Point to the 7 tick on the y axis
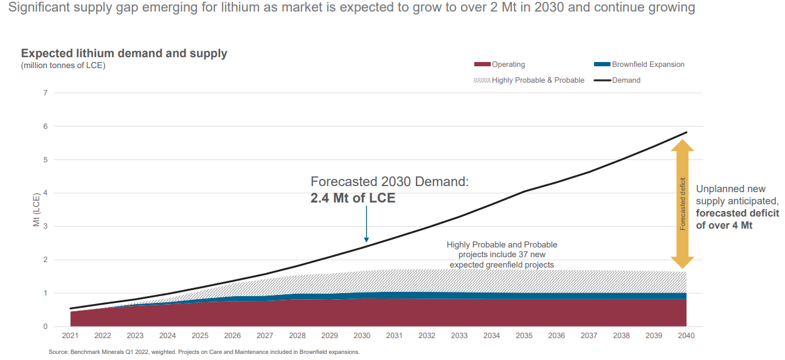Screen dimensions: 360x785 click(45, 93)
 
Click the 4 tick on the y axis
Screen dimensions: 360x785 click(45, 193)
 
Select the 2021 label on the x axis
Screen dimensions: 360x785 click(71, 336)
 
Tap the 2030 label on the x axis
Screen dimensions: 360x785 click(362, 336)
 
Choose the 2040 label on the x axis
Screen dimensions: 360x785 click(686, 336)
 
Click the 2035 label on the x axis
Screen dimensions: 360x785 click(524, 336)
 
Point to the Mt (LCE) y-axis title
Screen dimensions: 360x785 click(36, 210)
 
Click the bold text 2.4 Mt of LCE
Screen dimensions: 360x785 click(353, 198)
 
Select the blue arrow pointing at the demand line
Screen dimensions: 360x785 click(366, 225)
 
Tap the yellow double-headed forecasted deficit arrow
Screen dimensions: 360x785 click(682, 204)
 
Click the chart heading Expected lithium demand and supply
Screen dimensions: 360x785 click(124, 54)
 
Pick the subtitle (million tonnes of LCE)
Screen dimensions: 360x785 click(63, 66)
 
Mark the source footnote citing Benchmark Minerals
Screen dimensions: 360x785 click(204, 352)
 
